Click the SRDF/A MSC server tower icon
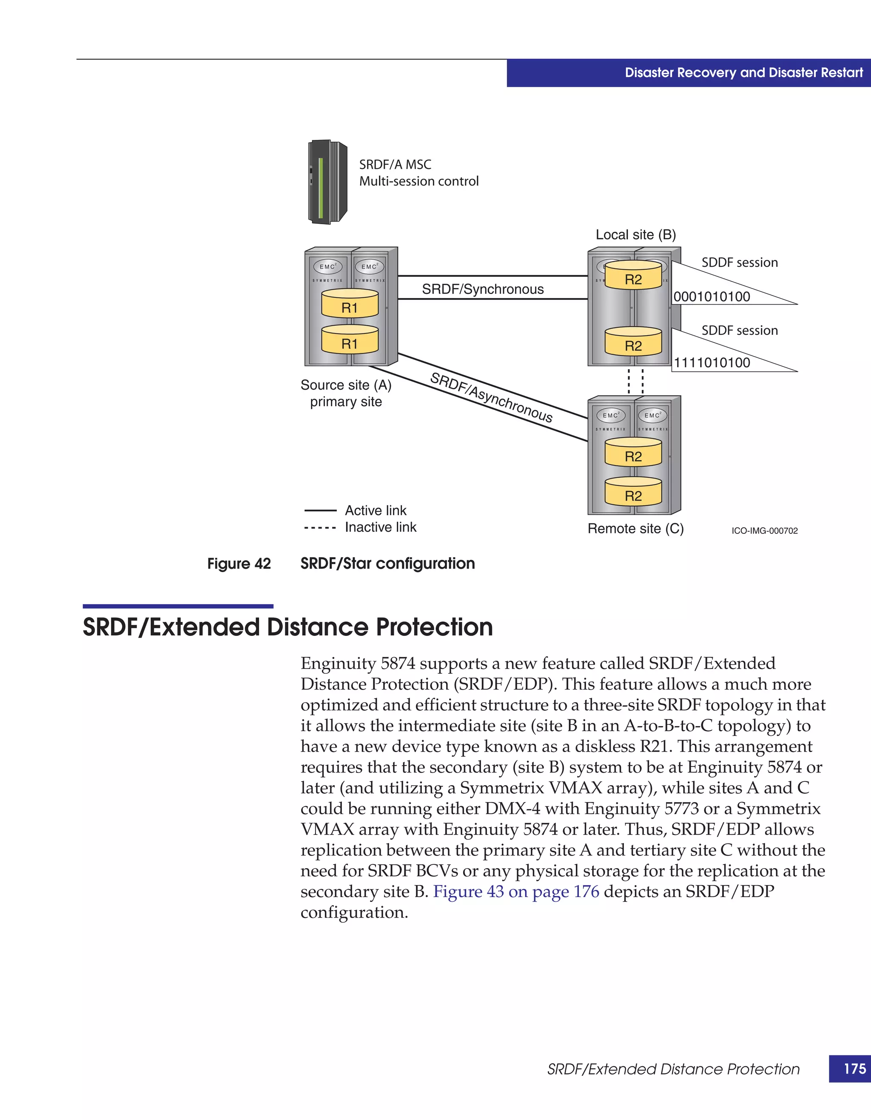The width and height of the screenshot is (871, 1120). [327, 182]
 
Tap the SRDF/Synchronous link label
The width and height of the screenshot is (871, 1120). [482, 289]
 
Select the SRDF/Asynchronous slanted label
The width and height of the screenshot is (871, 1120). [491, 397]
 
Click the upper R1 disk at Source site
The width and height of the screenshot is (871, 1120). [350, 304]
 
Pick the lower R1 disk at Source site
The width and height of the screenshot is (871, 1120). [350, 340]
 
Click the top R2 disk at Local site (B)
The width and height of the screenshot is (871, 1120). [633, 276]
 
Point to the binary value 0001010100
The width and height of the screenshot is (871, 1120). [712, 297]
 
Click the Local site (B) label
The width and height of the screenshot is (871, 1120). [635, 235]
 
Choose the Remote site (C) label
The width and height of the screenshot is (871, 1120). [635, 529]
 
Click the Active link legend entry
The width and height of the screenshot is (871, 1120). [375, 511]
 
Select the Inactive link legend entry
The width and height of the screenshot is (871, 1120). [380, 527]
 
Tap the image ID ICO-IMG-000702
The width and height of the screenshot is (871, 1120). [764, 531]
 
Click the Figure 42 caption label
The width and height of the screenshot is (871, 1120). [239, 564]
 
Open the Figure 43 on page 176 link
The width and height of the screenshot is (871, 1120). [516, 891]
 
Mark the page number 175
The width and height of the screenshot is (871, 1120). [854, 1069]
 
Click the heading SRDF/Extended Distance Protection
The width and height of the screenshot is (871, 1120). [287, 627]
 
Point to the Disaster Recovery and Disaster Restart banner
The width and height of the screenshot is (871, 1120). [743, 73]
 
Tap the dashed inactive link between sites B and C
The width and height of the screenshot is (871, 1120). [636, 381]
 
